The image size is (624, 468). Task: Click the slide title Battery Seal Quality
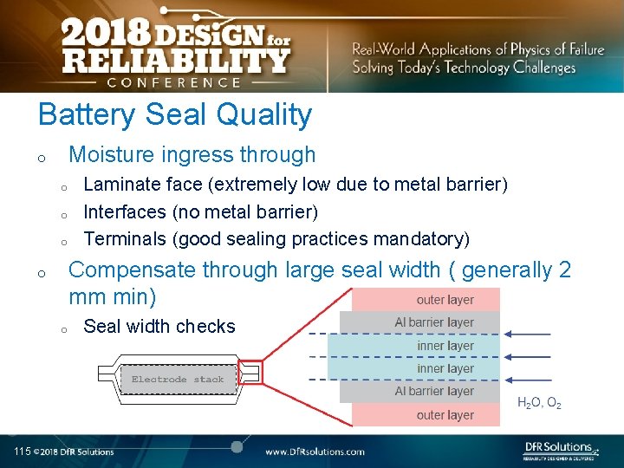pos(174,114)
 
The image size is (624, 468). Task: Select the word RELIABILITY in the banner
pos(174,61)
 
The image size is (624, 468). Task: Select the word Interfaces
pos(124,211)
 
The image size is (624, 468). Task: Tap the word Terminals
pos(123,238)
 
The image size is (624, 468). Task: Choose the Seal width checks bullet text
pos(159,327)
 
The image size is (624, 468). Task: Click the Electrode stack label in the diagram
pos(177,380)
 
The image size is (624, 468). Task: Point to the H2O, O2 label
pos(539,403)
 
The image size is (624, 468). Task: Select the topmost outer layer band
pos(426,300)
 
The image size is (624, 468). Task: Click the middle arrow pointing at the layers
pos(532,357)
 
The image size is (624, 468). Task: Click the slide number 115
pos(22,452)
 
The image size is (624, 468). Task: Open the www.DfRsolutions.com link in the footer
pos(315,452)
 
